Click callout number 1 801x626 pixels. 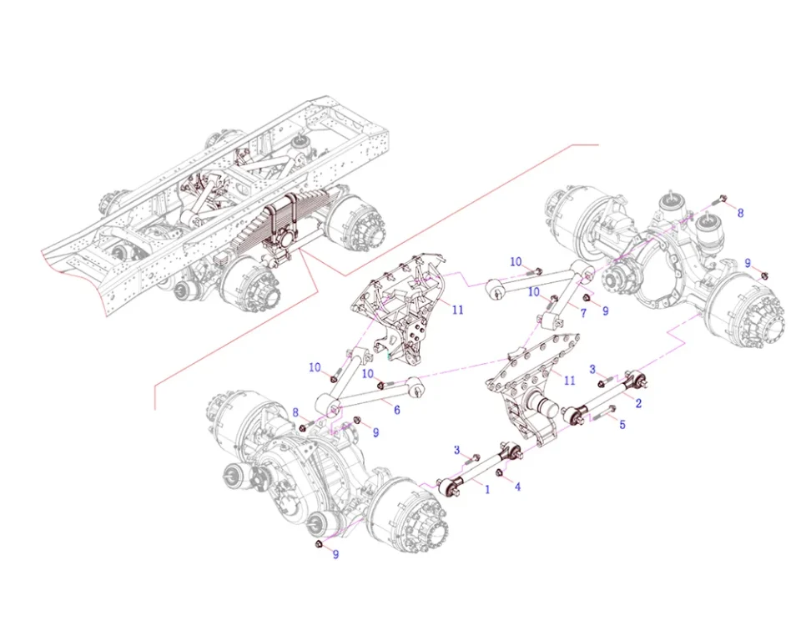[x=487, y=489]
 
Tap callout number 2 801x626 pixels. [x=638, y=403]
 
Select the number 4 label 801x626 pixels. [x=517, y=487]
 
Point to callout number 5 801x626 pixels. [x=622, y=424]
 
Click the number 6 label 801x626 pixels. [x=397, y=410]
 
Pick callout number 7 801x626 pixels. [x=583, y=312]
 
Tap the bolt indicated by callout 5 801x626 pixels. [x=603, y=413]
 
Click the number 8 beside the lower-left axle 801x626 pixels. [x=295, y=413]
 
